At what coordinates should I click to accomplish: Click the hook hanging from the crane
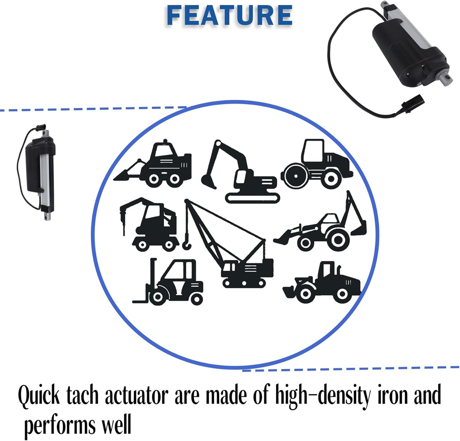pos(187,245)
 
